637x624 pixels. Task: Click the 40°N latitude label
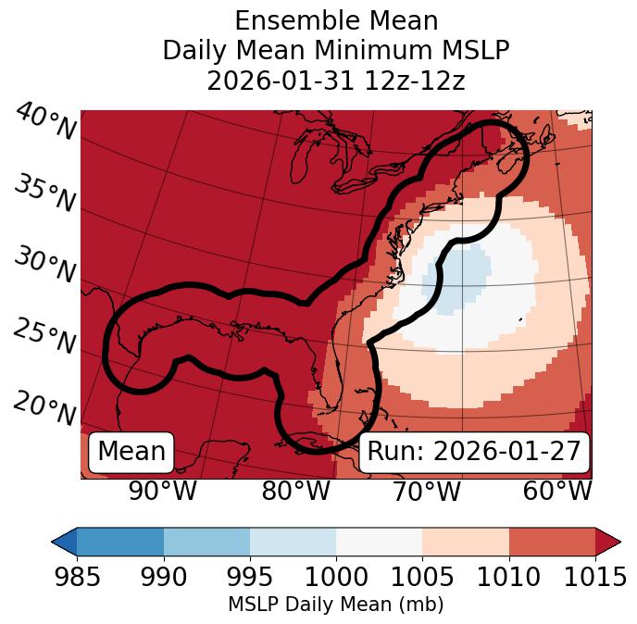[44, 122]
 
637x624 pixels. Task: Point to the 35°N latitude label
[44, 193]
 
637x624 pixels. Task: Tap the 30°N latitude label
[44, 266]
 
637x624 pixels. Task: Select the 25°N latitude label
[44, 337]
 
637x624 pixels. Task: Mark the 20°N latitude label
[44, 407]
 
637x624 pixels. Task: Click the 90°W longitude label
[163, 491]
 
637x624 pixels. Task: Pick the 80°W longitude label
[296, 491]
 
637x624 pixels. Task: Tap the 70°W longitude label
[427, 491]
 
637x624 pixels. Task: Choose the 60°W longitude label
[557, 491]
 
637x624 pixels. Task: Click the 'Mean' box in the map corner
[131, 452]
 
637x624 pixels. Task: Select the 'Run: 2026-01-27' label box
[474, 452]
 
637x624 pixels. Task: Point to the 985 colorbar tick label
[77, 577]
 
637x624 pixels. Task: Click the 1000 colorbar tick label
[336, 577]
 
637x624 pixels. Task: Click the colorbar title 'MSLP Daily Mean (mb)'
[335, 605]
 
